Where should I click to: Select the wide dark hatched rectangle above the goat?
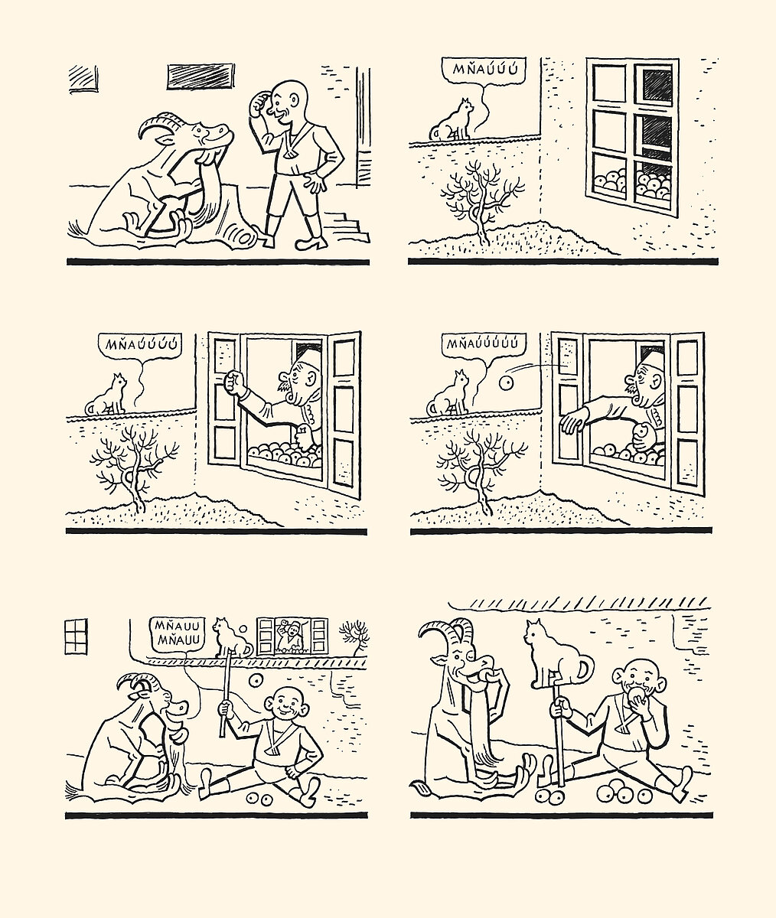click(x=201, y=77)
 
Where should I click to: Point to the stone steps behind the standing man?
click(x=347, y=227)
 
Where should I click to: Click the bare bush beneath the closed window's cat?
click(x=482, y=199)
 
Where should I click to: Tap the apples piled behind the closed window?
click(x=631, y=184)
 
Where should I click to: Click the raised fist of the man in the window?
click(x=233, y=382)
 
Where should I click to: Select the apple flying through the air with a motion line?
click(x=507, y=383)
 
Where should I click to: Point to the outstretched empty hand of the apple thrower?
click(x=572, y=423)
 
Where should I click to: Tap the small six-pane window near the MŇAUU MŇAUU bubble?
click(x=76, y=636)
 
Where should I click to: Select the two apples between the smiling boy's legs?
click(x=259, y=799)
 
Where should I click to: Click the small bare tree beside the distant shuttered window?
click(x=354, y=636)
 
